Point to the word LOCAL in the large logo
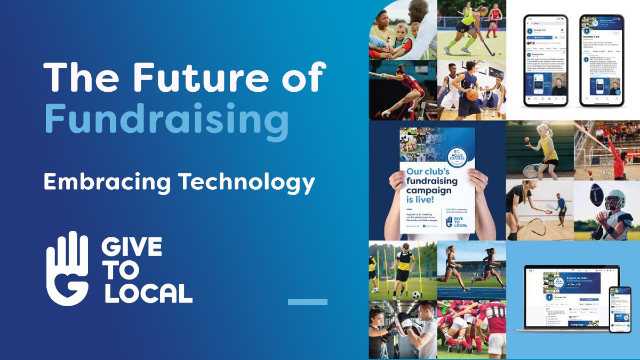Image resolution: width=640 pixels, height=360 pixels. click(x=149, y=293)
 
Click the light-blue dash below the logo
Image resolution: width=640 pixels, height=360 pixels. click(x=307, y=302)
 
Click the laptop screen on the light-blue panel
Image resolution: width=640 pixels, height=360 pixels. click(x=566, y=297)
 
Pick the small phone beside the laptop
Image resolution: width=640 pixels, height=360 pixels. click(x=619, y=309)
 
